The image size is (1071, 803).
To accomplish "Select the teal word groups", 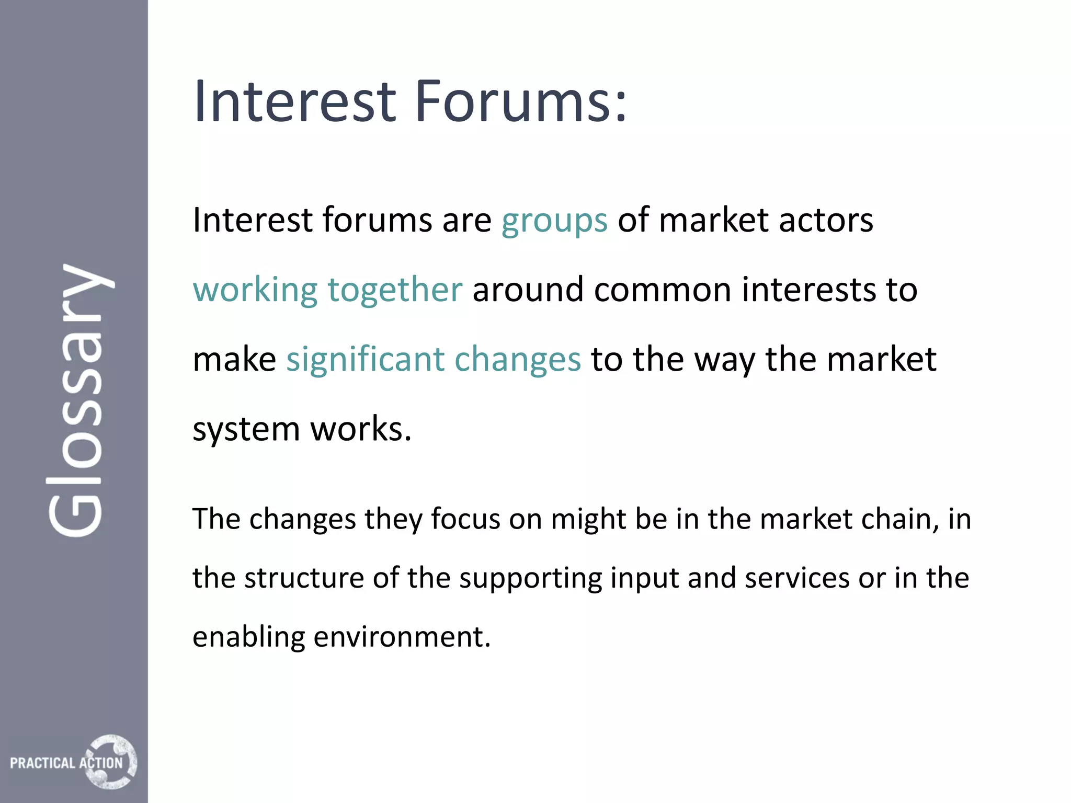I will (554, 221).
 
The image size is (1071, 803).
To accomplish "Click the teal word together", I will (395, 291).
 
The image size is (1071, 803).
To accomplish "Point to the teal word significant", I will (365, 360).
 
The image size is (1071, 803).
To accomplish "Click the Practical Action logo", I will (73, 762).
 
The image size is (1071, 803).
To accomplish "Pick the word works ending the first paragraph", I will (361, 429).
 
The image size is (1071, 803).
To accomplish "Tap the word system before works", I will (246, 430).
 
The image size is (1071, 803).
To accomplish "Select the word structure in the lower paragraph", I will (304, 578).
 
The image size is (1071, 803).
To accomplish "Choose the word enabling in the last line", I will (248, 638).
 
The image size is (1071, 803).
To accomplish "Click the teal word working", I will (255, 291).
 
